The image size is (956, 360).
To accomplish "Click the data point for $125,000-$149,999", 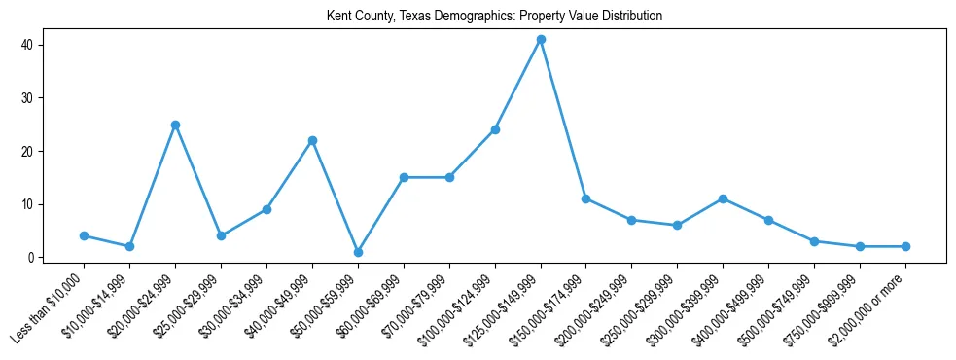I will (541, 40).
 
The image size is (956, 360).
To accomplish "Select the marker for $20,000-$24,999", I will (175, 125).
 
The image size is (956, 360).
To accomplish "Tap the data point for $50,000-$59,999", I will (358, 252).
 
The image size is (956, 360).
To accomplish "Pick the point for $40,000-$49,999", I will (312, 140).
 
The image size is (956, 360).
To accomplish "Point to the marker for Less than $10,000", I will (84, 235).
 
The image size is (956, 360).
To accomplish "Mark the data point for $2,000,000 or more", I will (905, 246).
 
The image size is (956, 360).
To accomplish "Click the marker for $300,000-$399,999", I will (723, 198).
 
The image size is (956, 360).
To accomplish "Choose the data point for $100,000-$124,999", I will (495, 129).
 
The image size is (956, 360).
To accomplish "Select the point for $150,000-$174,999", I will (586, 198).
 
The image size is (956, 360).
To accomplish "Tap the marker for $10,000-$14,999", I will (129, 246).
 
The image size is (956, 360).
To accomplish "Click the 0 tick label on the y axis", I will (31, 258).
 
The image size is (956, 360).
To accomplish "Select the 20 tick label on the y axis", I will (28, 152).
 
